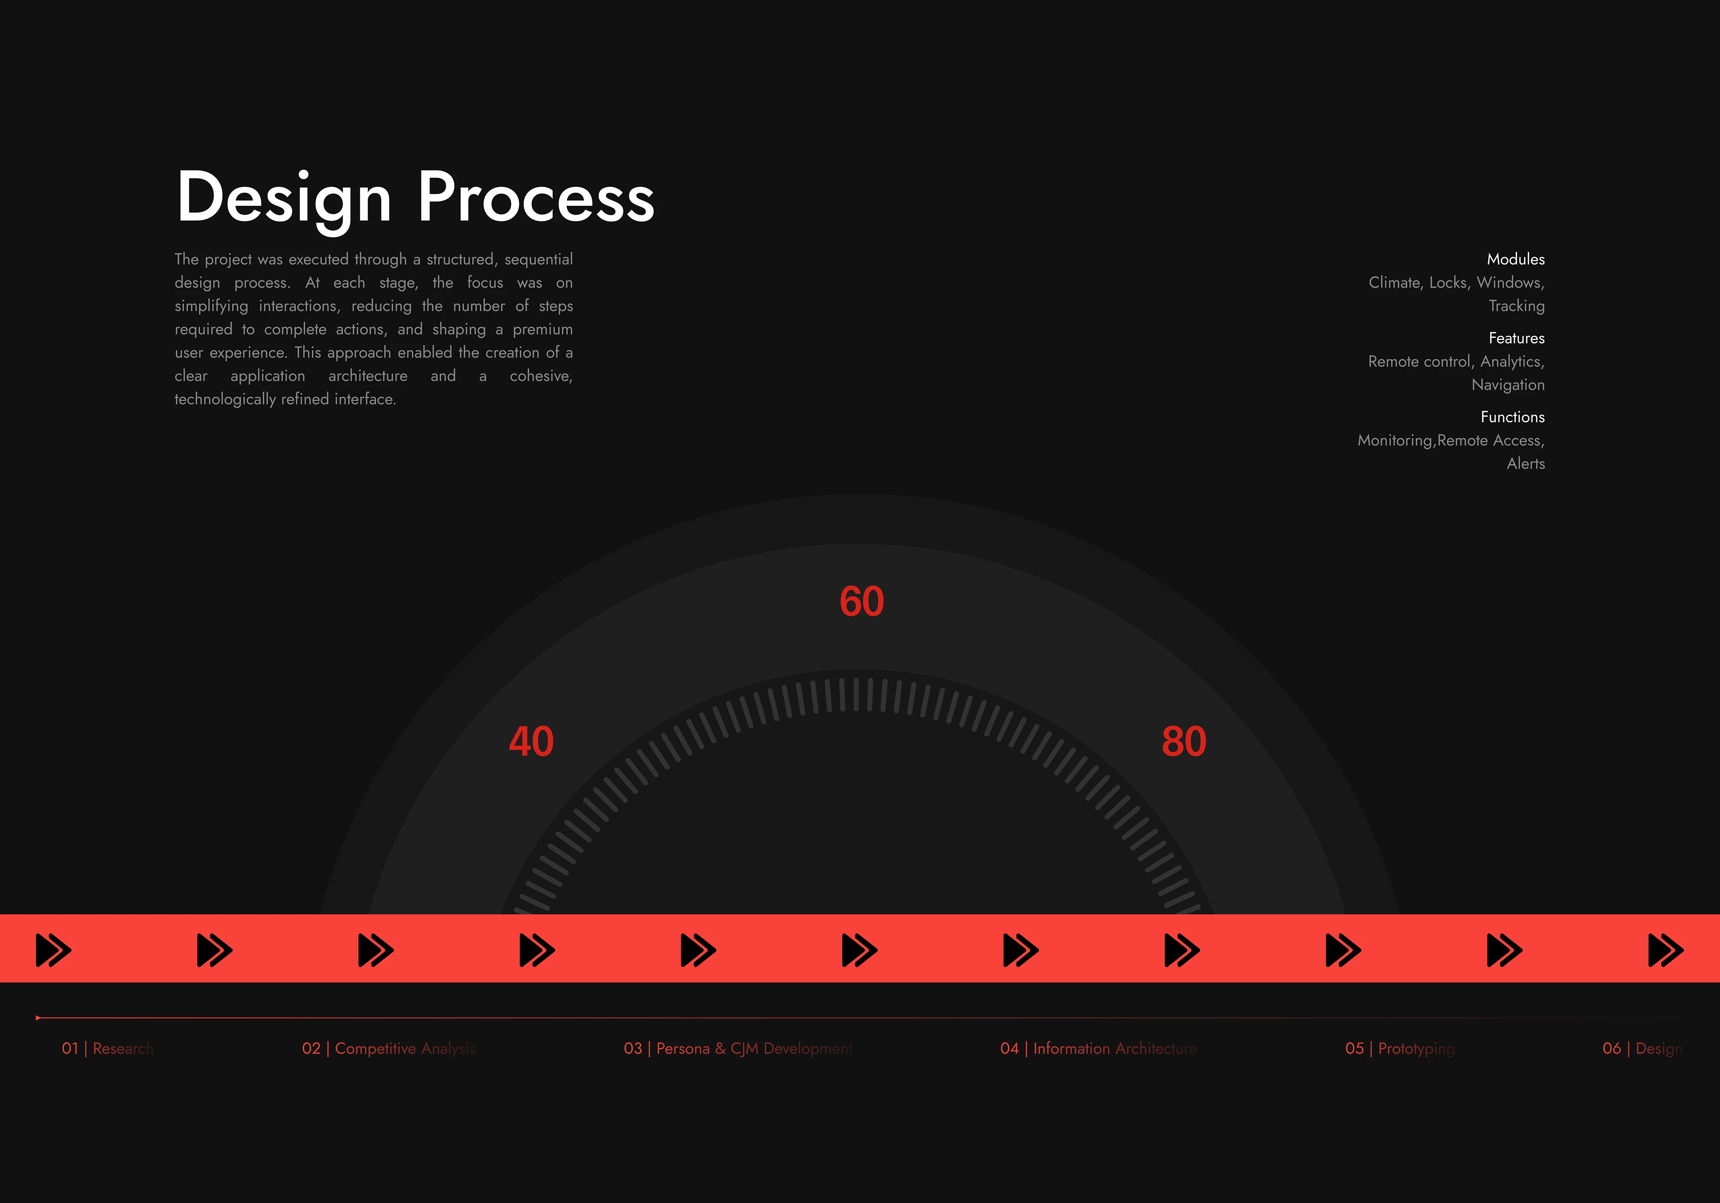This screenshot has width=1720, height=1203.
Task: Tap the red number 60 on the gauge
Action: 861,601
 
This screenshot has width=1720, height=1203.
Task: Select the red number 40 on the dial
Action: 531,741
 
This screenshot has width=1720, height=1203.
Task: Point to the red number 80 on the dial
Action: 1184,741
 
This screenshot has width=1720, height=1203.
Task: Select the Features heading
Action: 1516,338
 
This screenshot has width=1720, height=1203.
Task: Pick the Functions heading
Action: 1513,417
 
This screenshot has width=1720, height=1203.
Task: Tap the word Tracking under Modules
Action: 1516,306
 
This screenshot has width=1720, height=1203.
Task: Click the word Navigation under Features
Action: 1508,385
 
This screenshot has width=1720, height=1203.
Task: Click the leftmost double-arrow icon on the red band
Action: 54,950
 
